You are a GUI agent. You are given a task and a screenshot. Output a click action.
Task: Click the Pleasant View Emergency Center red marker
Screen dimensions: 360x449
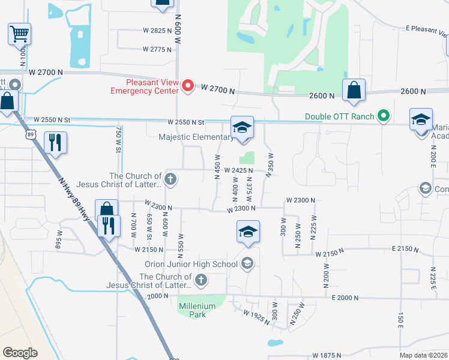[x=188, y=86]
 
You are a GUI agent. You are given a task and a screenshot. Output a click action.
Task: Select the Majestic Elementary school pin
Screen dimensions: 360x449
[x=242, y=128]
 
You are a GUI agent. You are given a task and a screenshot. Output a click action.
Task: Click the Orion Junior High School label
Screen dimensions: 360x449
[x=191, y=264]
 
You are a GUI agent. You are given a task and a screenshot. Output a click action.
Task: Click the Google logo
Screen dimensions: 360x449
[x=20, y=353]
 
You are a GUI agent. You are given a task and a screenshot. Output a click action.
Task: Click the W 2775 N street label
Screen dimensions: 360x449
[x=157, y=49]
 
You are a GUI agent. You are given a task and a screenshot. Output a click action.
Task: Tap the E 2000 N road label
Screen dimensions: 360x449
[x=344, y=298]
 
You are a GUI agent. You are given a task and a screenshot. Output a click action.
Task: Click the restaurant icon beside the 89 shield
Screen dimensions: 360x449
[x=55, y=143]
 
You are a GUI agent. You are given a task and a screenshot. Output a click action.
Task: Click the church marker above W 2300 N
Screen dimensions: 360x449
[x=170, y=178]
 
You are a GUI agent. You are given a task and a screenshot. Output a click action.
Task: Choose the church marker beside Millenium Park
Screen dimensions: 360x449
[x=201, y=279]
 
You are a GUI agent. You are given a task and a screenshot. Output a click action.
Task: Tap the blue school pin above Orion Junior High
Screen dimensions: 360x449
[x=248, y=232]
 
